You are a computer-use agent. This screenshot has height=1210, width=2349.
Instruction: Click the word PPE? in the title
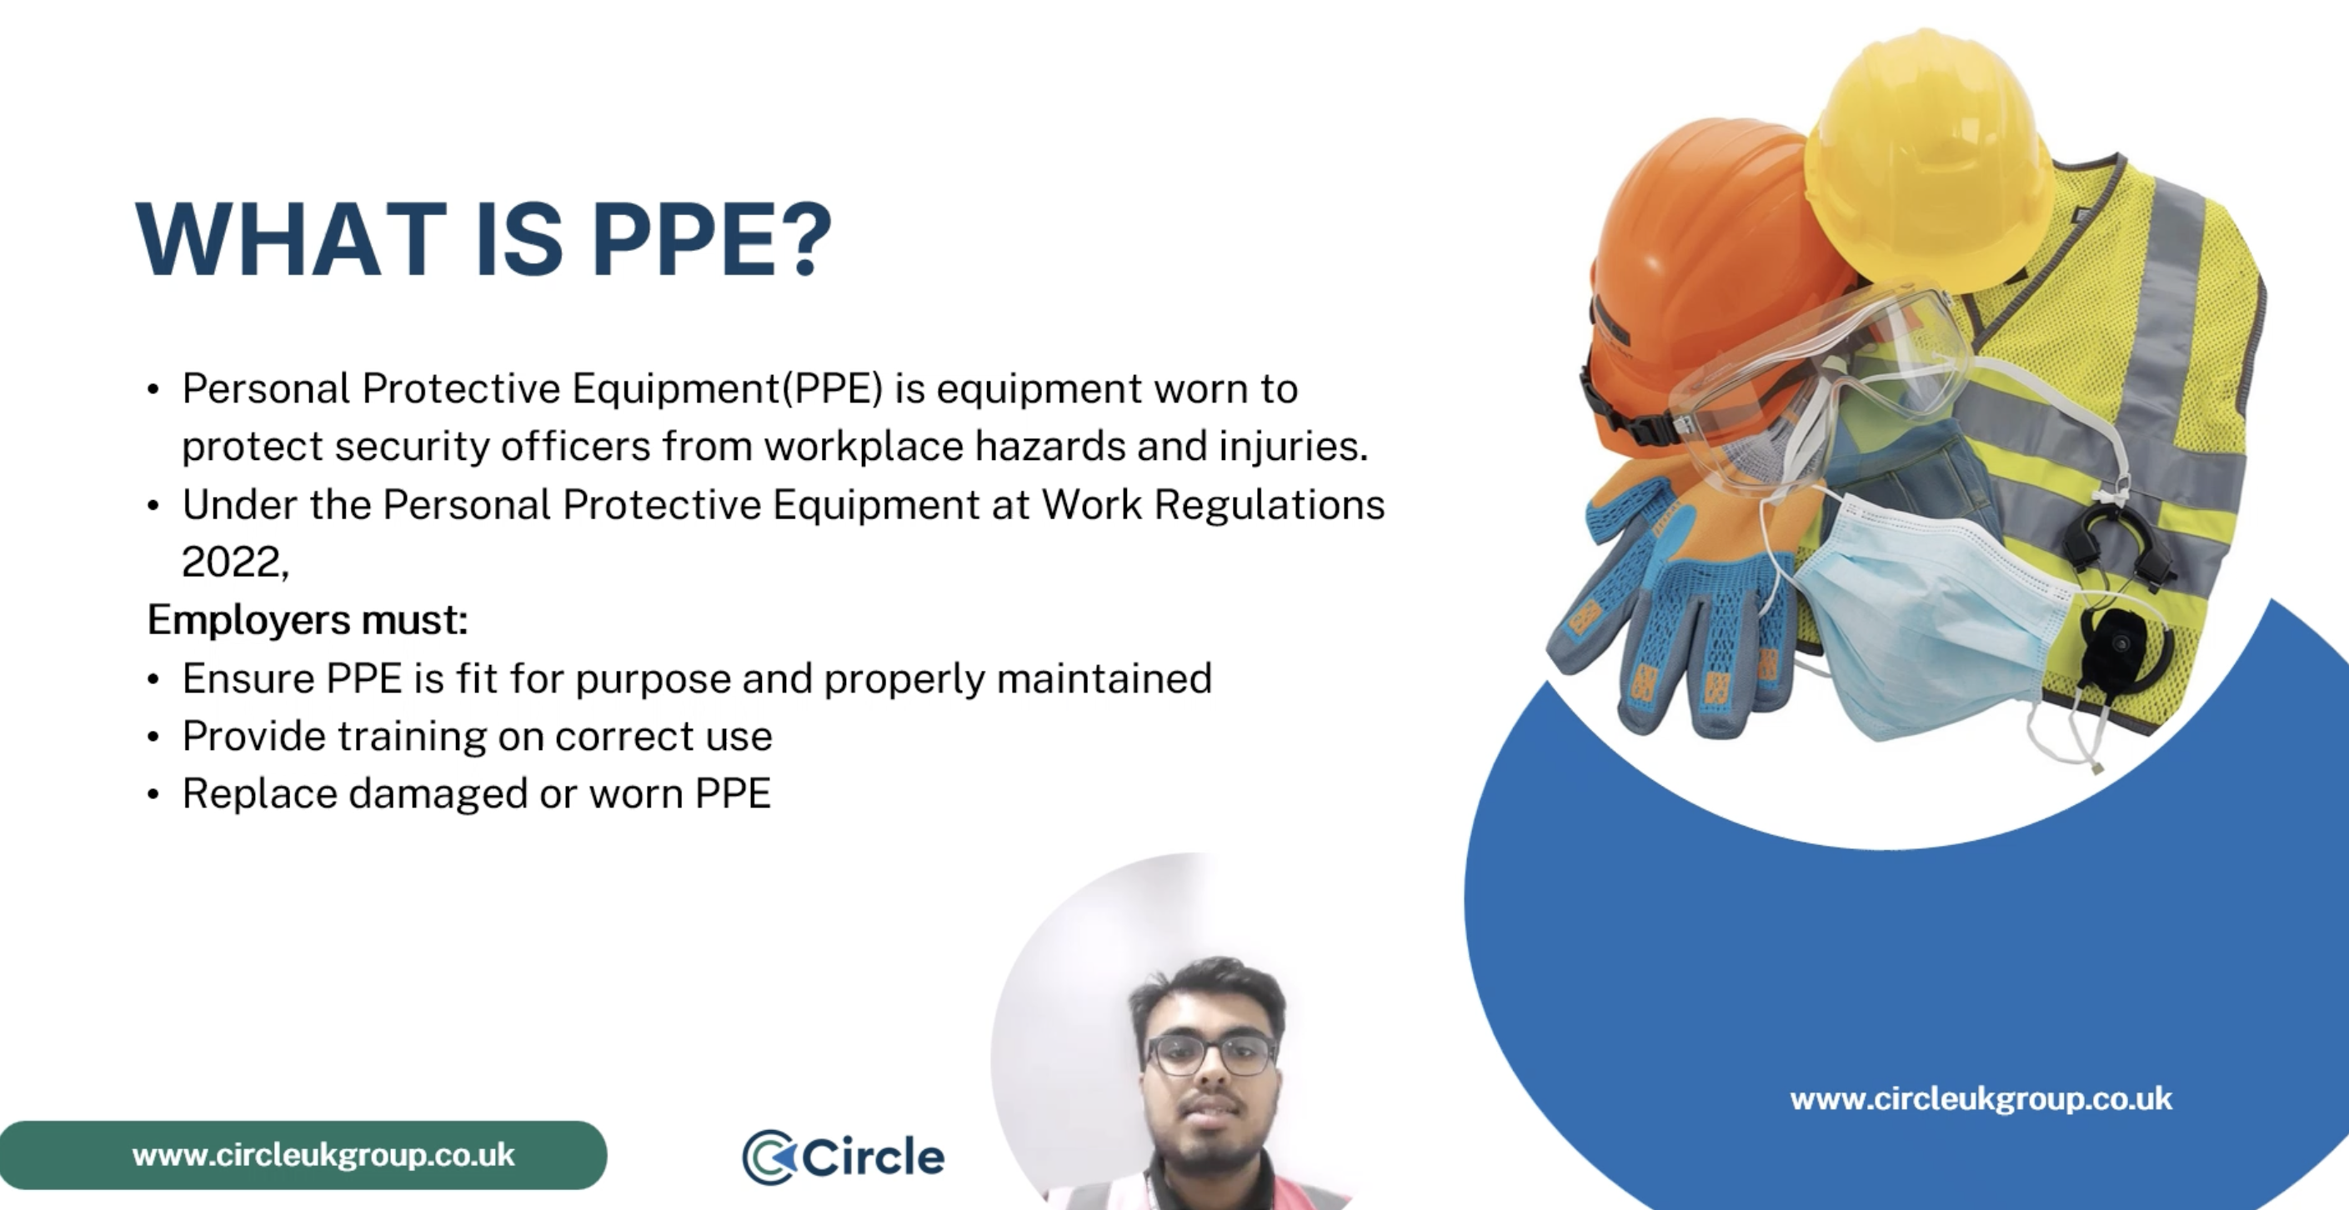711,239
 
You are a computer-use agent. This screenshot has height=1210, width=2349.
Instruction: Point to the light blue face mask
1924,620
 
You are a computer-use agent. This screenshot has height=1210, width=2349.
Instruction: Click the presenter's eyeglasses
1211,1056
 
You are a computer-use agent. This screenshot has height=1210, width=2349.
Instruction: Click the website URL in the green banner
323,1155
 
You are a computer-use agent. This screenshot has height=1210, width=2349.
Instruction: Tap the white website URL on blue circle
1981,1099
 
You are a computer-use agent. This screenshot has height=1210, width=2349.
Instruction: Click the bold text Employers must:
308,620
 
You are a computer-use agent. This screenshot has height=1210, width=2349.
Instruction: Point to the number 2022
233,562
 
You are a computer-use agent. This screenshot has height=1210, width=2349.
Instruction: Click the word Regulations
1269,504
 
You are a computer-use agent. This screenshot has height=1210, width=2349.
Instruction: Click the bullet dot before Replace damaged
153,794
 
